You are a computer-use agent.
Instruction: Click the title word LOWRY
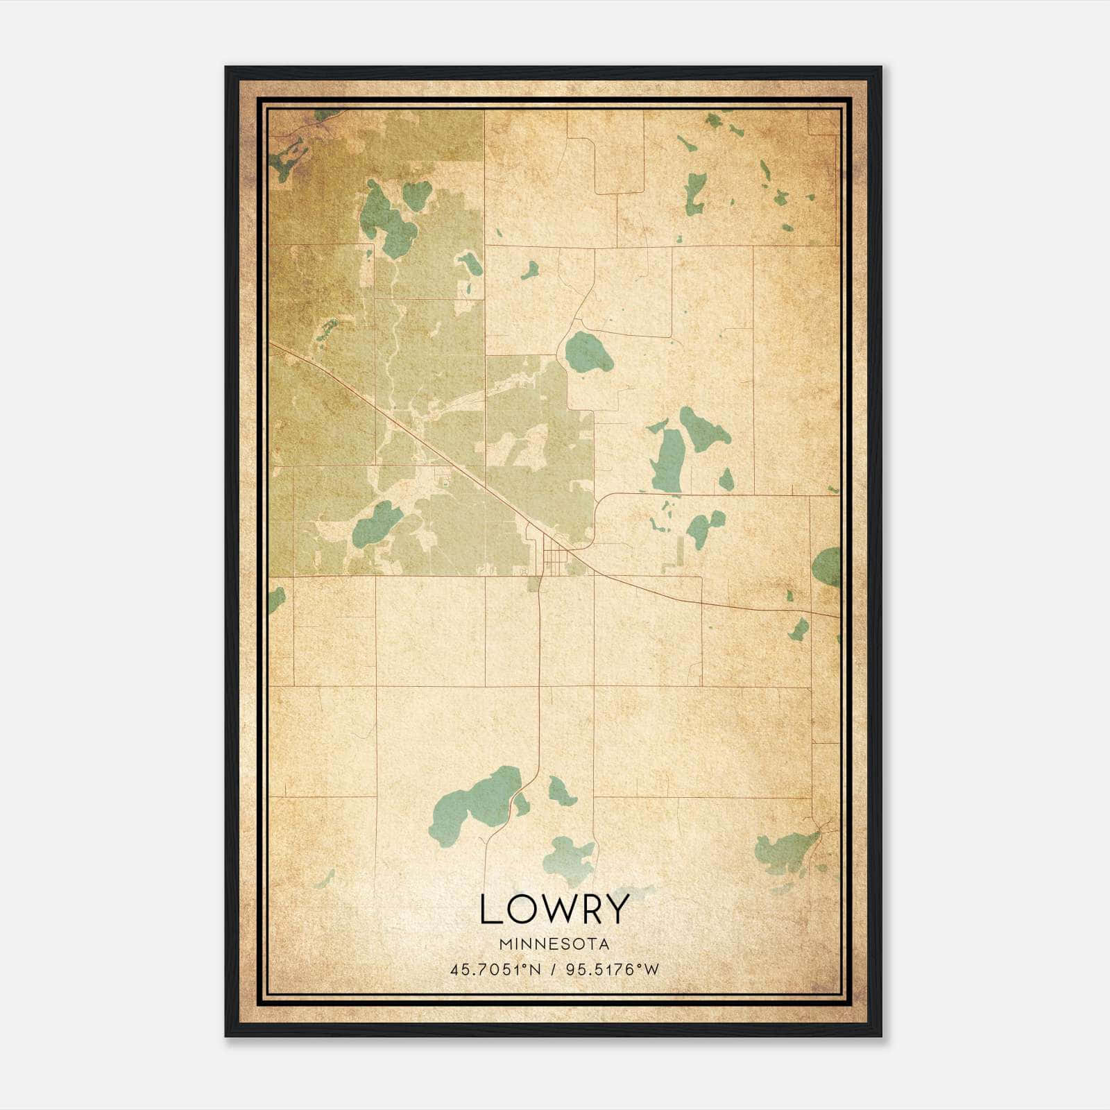(x=554, y=910)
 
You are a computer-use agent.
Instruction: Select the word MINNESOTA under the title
(x=554, y=944)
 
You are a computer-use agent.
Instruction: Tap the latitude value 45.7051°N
(x=495, y=970)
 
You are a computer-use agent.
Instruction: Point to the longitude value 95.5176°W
(x=613, y=970)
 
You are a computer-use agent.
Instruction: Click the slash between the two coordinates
(x=554, y=970)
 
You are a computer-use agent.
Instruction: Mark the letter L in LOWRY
(x=489, y=910)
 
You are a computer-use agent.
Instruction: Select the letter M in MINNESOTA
(x=504, y=944)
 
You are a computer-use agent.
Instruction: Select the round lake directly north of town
(x=588, y=352)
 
